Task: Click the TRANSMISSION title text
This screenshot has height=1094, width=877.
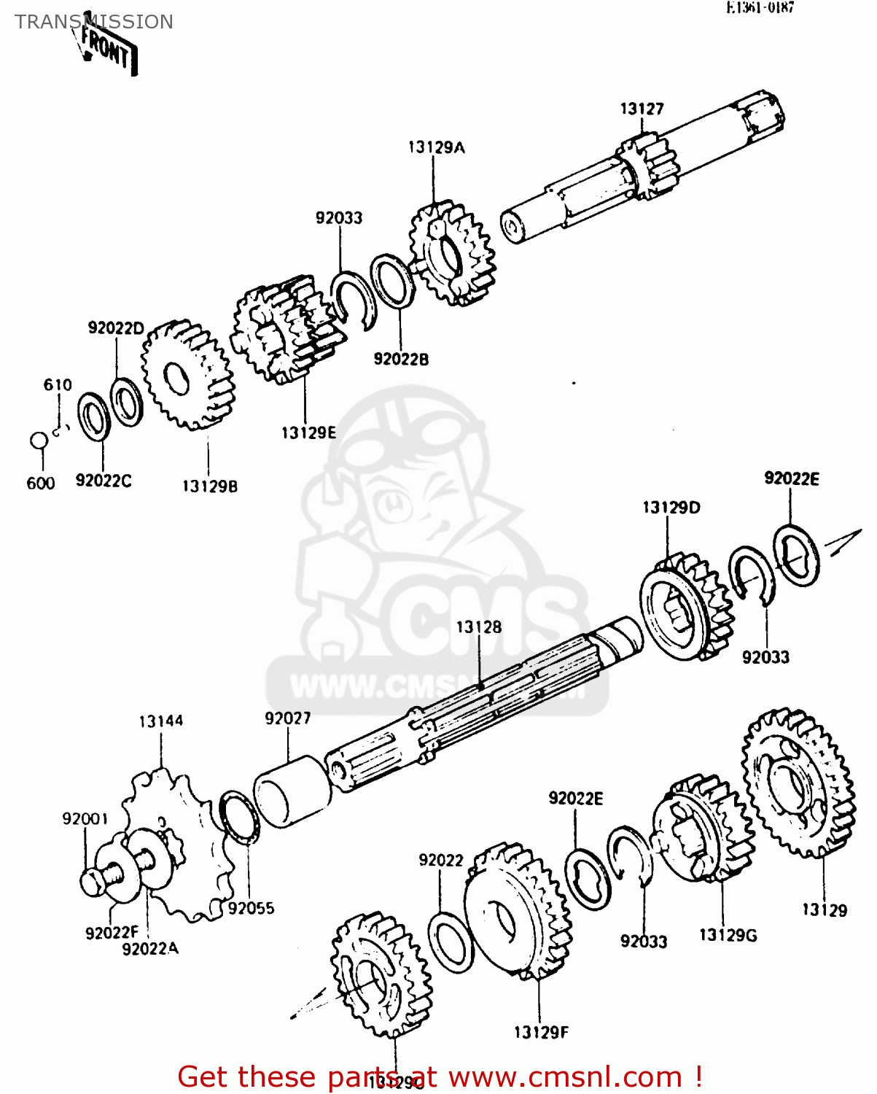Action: tap(94, 22)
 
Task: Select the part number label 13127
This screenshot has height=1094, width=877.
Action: tap(642, 109)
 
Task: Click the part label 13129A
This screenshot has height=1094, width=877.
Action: tap(436, 147)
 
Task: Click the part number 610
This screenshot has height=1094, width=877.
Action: tap(58, 385)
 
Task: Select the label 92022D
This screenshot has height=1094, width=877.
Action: tap(116, 328)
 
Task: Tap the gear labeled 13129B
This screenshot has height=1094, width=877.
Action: tap(187, 375)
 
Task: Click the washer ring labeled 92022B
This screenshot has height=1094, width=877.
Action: tap(393, 281)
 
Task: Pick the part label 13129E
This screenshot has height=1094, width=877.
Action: tap(309, 432)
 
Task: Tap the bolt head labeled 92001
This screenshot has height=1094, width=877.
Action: tap(93, 882)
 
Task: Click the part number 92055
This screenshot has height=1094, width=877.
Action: tap(251, 908)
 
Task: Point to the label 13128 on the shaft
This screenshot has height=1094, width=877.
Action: tap(479, 627)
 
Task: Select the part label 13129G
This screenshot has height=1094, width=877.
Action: tap(728, 935)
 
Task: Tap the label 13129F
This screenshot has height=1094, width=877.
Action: tap(540, 1032)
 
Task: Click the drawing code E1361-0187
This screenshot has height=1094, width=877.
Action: tap(760, 8)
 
